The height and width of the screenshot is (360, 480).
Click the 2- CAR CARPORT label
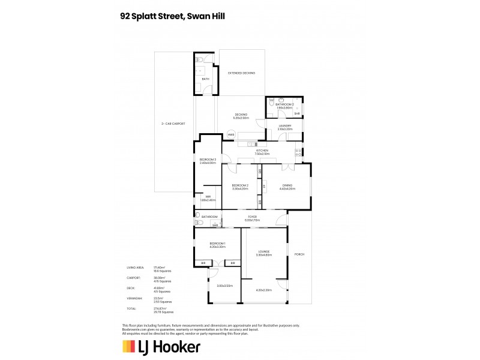pos(173,124)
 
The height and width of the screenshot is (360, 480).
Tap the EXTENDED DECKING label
pos(241,73)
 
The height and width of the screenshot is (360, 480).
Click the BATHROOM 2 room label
pos(284,104)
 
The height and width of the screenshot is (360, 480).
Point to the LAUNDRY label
pos(284,125)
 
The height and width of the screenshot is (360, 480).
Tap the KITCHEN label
pos(262,150)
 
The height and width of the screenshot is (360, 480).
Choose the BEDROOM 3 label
pos(208,160)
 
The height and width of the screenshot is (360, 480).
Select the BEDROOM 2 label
pos(240,185)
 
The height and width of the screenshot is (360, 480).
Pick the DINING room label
pos(287,185)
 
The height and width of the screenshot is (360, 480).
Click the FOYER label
pos(252,217)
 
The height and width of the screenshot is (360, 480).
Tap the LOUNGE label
pos(264,251)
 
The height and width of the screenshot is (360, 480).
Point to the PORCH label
pos(299,254)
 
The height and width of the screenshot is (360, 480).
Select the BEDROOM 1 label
pos(217,243)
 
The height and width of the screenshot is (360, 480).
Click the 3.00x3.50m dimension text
pos(224,285)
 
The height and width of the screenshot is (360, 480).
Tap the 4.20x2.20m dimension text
pos(264,290)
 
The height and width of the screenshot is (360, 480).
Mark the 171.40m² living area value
pos(159,267)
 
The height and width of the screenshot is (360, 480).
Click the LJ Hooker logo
pos(161,346)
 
